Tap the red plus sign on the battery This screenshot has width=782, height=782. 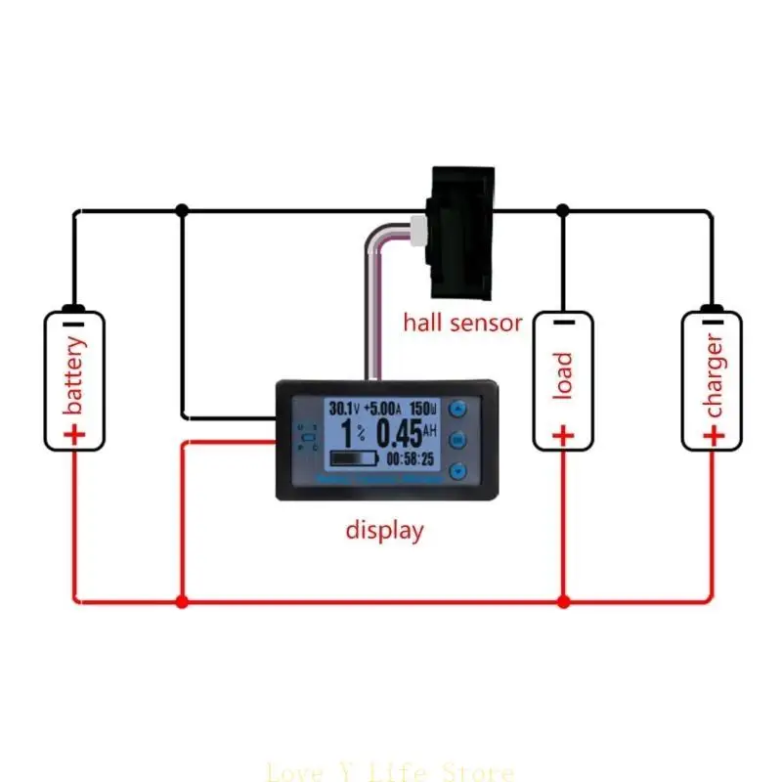click(75, 434)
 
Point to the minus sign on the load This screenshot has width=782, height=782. click(563, 323)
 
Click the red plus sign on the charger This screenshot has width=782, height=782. click(714, 434)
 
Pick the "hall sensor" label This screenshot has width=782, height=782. click(462, 323)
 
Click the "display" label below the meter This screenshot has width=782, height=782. click(385, 531)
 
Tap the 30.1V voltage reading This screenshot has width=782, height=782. click(342, 407)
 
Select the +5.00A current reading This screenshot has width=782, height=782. click(382, 407)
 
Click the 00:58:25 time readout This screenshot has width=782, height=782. click(413, 457)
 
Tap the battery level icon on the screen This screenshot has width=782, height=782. click(353, 458)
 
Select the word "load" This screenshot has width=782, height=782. click(563, 375)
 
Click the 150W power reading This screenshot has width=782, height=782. click(423, 407)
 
